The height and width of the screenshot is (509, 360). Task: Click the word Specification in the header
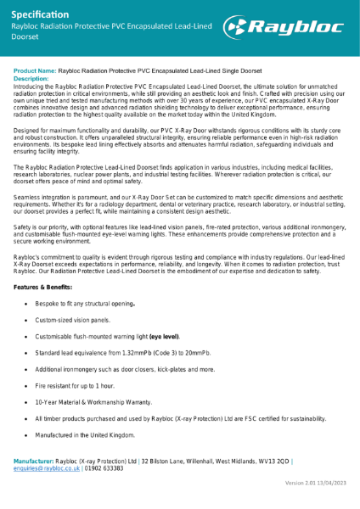point(41,14)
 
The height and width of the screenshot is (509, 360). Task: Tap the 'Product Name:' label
point(35,70)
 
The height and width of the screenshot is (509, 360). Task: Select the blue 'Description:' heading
point(31,77)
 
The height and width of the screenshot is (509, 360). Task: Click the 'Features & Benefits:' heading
point(49,288)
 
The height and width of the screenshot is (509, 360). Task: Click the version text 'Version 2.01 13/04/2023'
point(316,482)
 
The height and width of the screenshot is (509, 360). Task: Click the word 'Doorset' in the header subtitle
point(25,38)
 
